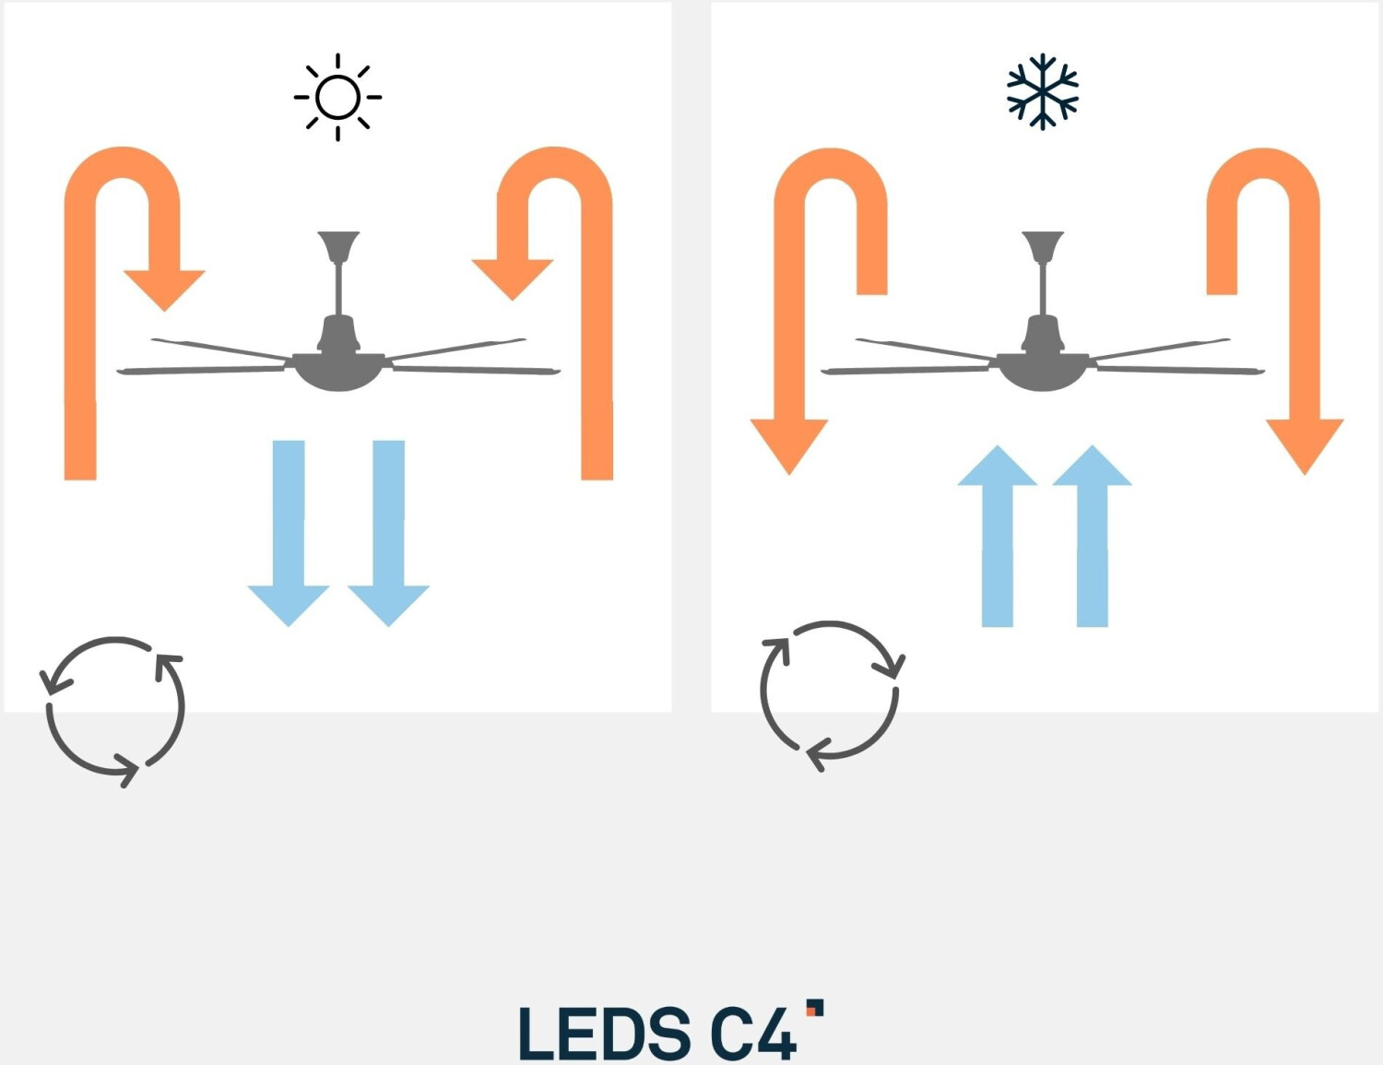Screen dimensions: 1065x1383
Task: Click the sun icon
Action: click(337, 97)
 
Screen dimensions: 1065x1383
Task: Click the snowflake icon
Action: click(1042, 91)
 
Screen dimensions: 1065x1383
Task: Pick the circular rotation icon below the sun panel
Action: click(115, 710)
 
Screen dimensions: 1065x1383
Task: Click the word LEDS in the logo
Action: click(604, 1033)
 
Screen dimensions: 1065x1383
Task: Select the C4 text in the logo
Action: click(752, 1033)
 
